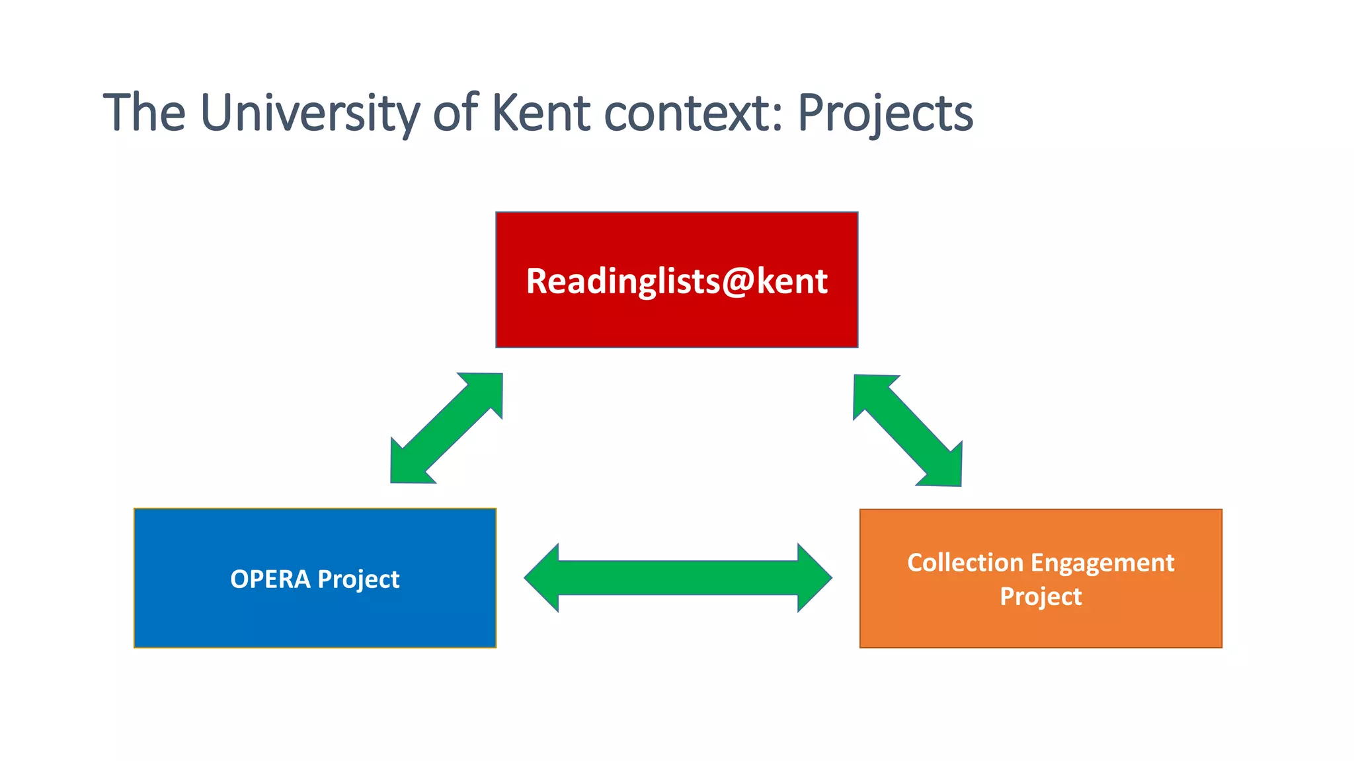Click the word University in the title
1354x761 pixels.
tap(309, 113)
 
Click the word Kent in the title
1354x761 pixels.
tap(540, 113)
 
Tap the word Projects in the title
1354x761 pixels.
tap(885, 113)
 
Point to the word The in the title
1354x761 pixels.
tap(144, 113)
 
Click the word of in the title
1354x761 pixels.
tap(456, 113)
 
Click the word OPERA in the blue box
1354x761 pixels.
tap(270, 579)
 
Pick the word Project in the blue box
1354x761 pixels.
tap(358, 579)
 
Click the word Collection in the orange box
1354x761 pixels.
tap(965, 563)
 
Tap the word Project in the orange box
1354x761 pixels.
tap(1041, 597)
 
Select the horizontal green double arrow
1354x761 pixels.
tap(678, 578)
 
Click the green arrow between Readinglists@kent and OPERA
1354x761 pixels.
tap(446, 428)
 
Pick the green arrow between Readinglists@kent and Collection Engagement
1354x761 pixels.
tap(908, 431)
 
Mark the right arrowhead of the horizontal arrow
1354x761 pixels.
tap(814, 578)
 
